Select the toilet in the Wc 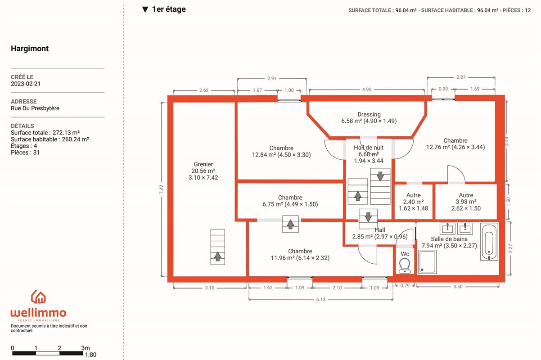click(405, 265)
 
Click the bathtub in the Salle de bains click(489, 242)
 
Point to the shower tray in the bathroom click(427, 262)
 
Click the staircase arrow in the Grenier click(217, 256)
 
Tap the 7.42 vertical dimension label click(161, 189)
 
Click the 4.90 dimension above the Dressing click(366, 90)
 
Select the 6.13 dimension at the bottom click(321, 299)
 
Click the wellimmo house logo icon click(38, 297)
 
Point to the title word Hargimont click(30, 49)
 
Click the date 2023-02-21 click(26, 84)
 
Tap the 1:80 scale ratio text click(90, 355)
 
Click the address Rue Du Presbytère click(35, 108)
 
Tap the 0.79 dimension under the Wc click(405, 286)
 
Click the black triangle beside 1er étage click(145, 9)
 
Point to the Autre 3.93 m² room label click(466, 202)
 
